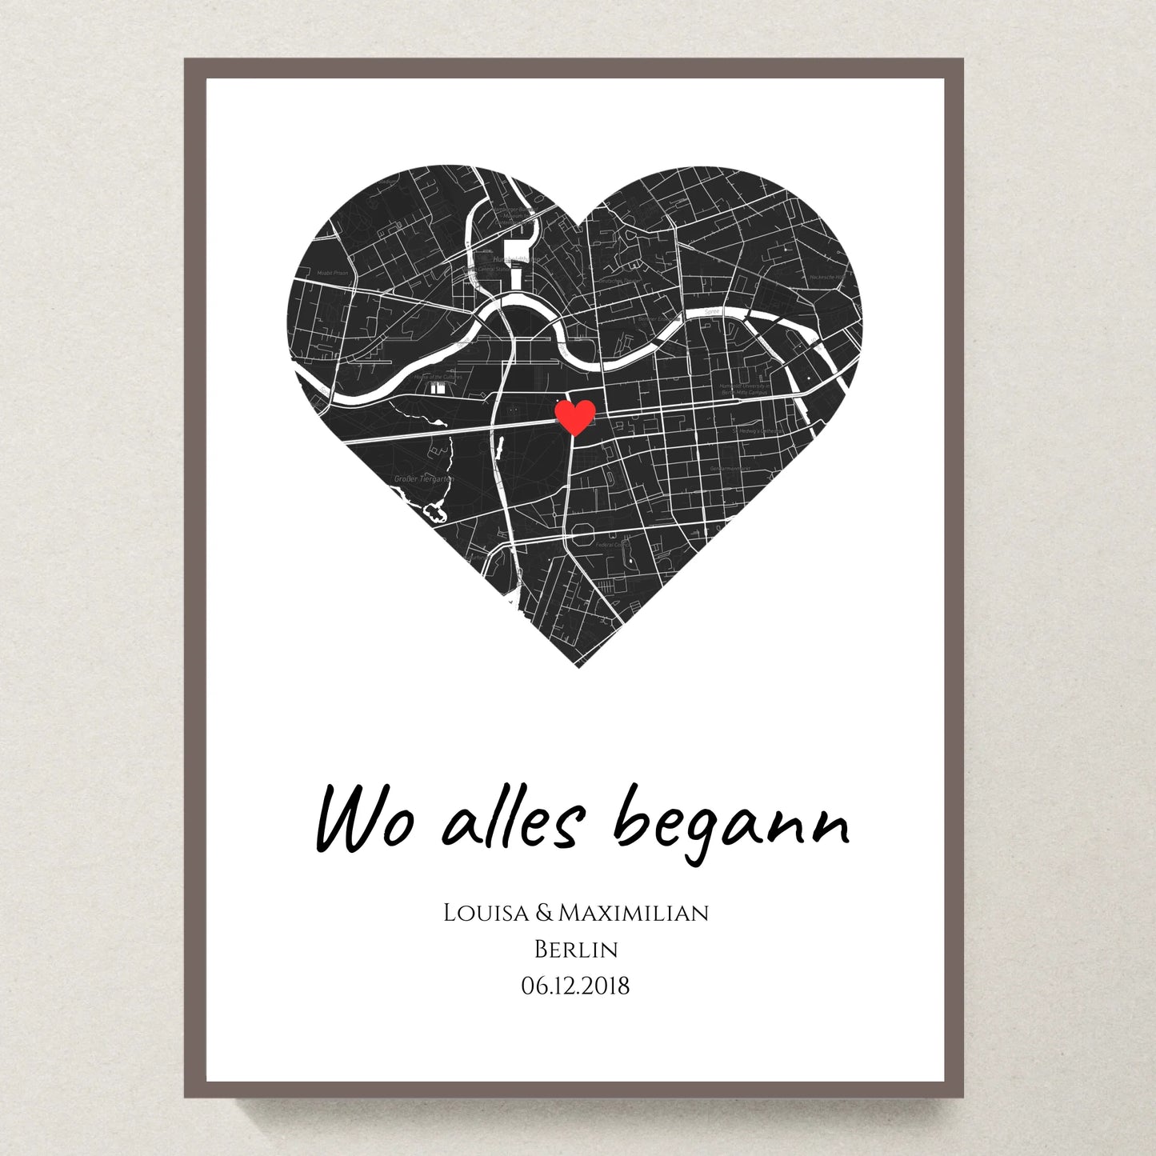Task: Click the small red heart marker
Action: pyautogui.click(x=575, y=417)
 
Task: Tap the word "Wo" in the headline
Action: pyautogui.click(x=364, y=821)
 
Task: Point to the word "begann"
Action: pyautogui.click(x=731, y=823)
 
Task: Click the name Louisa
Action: pyautogui.click(x=486, y=913)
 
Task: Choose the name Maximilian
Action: pyautogui.click(x=634, y=913)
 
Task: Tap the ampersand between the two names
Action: pyautogui.click(x=544, y=913)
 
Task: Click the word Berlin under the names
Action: pyautogui.click(x=576, y=950)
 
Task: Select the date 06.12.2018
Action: pyautogui.click(x=576, y=986)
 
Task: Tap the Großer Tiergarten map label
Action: pyautogui.click(x=423, y=479)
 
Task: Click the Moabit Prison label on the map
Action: pyautogui.click(x=333, y=273)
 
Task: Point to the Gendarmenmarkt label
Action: pyautogui.click(x=729, y=468)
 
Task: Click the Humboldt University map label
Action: pyautogui.click(x=745, y=389)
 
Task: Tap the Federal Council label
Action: pyautogui.click(x=613, y=545)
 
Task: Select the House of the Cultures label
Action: pyautogui.click(x=438, y=377)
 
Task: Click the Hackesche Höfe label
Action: pyautogui.click(x=826, y=277)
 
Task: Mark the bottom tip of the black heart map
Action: pyautogui.click(x=578, y=666)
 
